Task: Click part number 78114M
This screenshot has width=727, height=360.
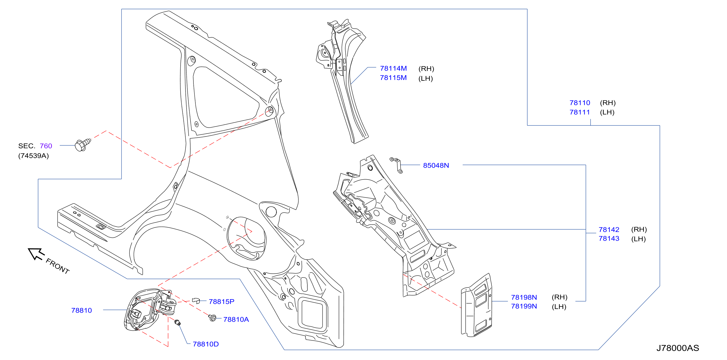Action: pos(393,68)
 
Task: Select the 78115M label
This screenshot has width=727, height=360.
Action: pos(393,78)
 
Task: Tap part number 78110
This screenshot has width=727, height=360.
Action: pos(580,103)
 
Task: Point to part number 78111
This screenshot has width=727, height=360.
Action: pos(580,112)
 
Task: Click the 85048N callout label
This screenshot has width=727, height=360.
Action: pos(436,165)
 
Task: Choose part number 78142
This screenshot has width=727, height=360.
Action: pos(609,229)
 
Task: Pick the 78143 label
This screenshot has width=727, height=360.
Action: pos(609,239)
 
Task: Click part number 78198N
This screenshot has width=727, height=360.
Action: pos(524,297)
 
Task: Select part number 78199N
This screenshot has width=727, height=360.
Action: pos(524,306)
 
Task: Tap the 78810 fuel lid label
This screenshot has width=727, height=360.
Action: pos(81,310)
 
